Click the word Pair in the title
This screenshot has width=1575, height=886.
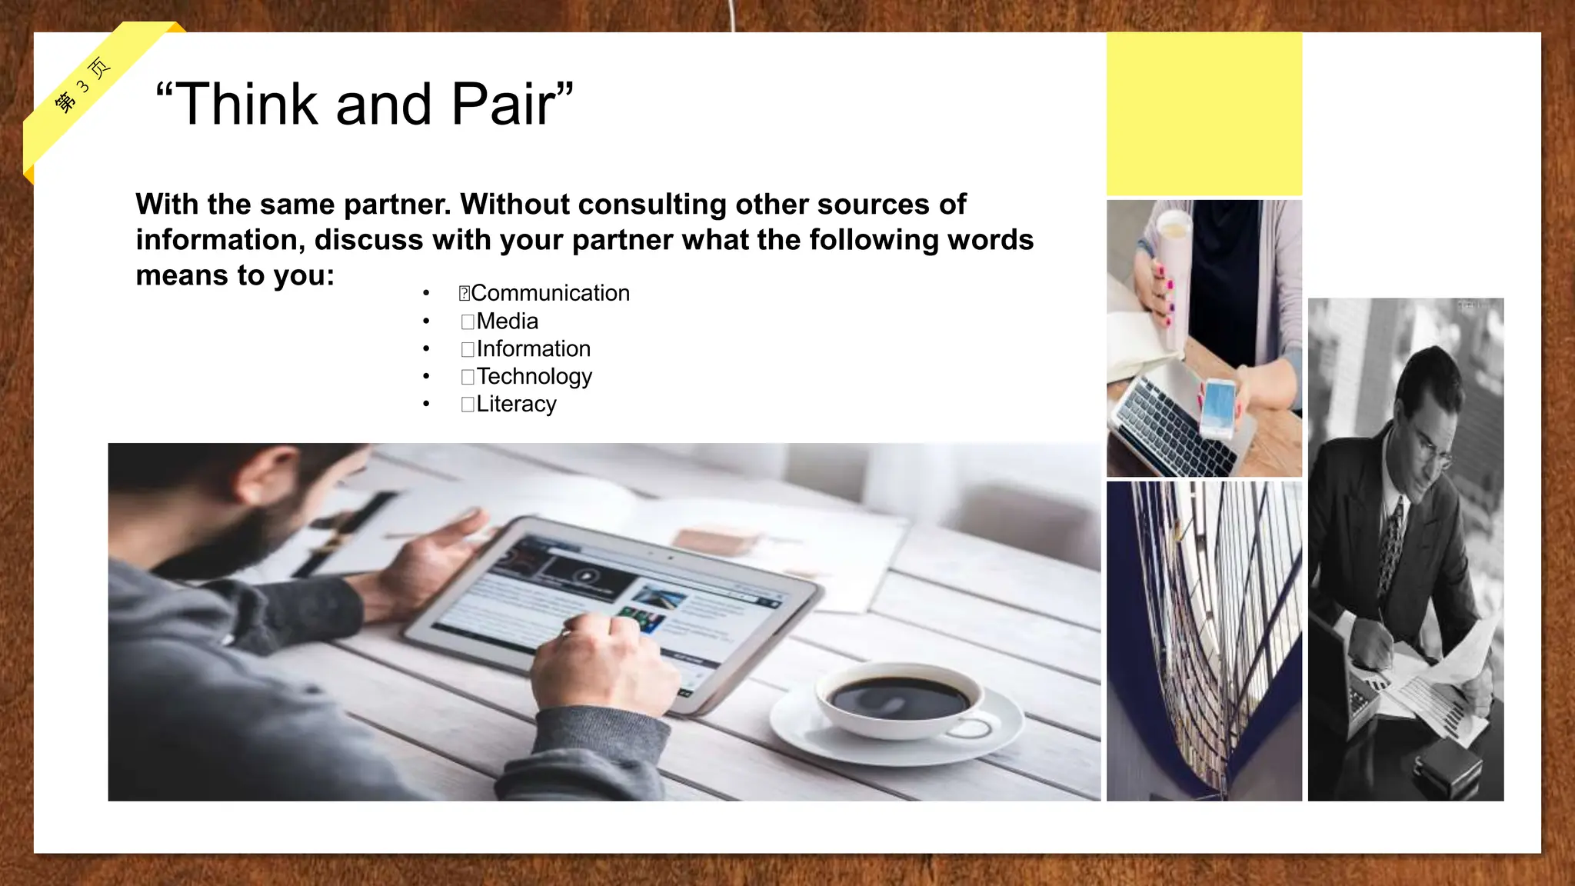click(501, 105)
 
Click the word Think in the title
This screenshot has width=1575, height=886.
click(246, 105)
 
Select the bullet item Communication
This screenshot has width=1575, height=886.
click(549, 293)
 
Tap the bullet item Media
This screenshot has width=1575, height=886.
click(507, 321)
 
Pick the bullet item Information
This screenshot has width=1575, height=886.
click(533, 348)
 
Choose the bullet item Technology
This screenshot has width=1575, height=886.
click(534, 376)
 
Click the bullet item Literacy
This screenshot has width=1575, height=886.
click(516, 404)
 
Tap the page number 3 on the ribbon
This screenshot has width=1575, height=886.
click(83, 85)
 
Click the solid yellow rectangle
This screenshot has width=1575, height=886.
click(1204, 114)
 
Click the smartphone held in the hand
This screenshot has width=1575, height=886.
click(1217, 408)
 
